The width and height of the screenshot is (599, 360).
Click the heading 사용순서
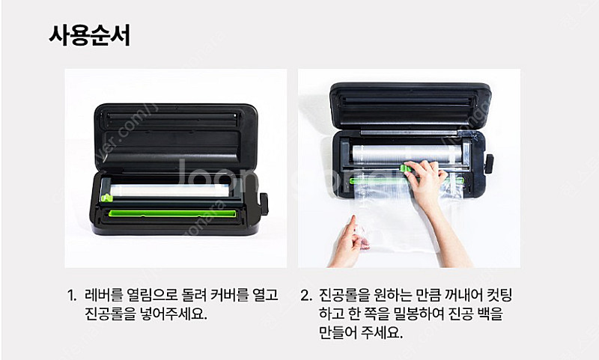point(90,35)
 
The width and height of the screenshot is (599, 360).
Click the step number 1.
point(71,295)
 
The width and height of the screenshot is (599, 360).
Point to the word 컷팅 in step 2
point(499,295)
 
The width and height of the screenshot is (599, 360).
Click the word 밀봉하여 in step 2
point(419,314)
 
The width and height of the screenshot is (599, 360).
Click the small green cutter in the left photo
point(106,198)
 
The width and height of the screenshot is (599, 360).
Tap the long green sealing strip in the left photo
point(172,213)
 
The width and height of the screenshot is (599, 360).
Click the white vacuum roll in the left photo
point(170,190)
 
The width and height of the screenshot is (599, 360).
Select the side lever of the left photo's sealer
point(264,204)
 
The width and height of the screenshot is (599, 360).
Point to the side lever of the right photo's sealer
point(489,164)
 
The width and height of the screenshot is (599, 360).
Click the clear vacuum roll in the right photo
point(407,153)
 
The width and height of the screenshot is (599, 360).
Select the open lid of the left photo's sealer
point(176,138)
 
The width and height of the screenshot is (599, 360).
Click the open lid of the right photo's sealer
point(410,106)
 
